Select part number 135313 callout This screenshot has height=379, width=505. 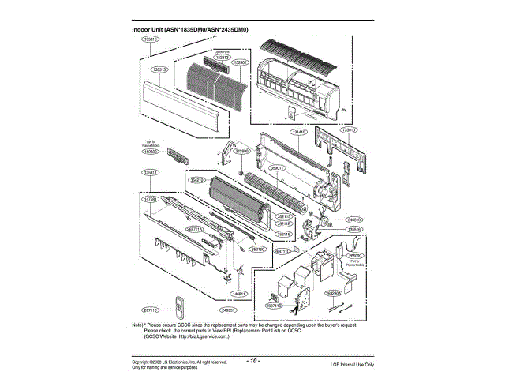pyautogui.click(x=159, y=69)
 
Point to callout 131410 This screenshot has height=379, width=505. pyautogui.click(x=299, y=133)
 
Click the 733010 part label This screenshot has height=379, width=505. pyautogui.click(x=349, y=129)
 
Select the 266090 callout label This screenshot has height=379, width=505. pyautogui.click(x=354, y=257)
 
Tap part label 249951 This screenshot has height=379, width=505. pyautogui.click(x=230, y=310)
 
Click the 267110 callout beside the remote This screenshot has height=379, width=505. pyautogui.click(x=151, y=310)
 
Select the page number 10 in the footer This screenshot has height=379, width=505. pyautogui.click(x=253, y=360)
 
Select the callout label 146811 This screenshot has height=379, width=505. pyautogui.click(x=240, y=294)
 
